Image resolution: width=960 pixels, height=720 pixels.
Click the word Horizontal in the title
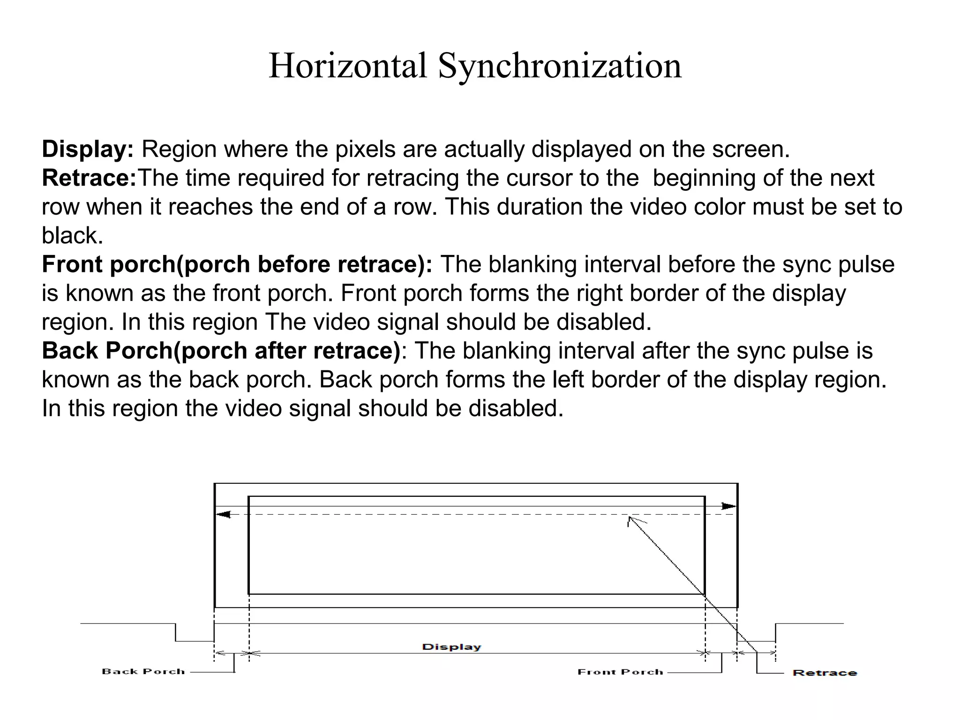coord(348,66)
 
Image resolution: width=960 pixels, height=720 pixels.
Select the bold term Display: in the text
coord(88,150)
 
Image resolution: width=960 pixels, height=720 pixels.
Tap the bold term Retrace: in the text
coord(89,178)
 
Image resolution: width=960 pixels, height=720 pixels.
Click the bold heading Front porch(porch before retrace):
coord(237,264)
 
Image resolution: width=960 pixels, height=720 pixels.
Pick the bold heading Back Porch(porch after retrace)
coord(221,351)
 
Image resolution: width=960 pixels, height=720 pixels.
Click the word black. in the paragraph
coord(72,235)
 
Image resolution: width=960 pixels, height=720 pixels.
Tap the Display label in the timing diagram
coord(451,647)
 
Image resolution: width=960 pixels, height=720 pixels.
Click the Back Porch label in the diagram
coord(143,671)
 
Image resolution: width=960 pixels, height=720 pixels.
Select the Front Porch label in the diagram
coord(620,672)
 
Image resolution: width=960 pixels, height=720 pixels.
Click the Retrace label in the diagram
coord(825,673)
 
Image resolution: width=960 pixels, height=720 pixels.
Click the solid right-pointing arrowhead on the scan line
coord(729,506)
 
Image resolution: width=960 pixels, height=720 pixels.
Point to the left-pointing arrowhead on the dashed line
coord(224,515)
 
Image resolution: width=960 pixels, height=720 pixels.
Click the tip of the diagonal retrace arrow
coord(630,517)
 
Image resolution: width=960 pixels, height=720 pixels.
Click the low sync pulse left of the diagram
coord(195,640)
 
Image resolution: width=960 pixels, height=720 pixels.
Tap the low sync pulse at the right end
coord(756,641)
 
